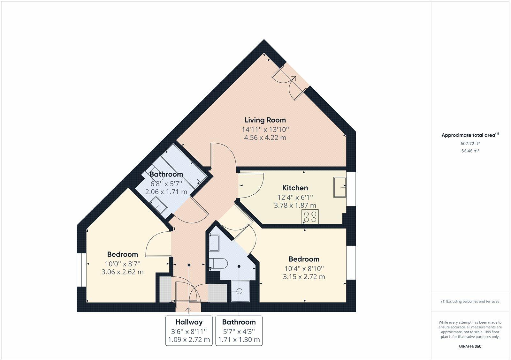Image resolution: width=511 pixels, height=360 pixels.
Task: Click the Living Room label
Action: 265,120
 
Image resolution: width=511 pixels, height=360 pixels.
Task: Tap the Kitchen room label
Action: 295,188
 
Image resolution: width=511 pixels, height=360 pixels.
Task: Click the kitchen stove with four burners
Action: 310,217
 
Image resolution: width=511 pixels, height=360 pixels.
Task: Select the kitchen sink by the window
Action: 340,187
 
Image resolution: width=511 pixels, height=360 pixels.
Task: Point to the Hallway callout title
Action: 189,322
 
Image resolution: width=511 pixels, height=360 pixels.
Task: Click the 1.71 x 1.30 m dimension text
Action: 239,340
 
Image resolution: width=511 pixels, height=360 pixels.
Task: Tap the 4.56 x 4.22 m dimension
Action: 265,138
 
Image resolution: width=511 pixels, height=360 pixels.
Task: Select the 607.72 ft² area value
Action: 470,144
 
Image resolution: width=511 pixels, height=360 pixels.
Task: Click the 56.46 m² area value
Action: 470,151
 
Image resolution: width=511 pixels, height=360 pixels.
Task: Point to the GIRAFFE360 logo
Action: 470,346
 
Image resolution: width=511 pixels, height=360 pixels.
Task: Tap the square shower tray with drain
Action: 240,291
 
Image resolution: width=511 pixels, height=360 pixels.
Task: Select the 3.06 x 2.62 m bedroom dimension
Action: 123,272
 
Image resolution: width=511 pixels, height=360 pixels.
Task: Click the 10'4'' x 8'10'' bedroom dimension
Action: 304,269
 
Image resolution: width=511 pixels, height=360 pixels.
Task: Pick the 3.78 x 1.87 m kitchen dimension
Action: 295,206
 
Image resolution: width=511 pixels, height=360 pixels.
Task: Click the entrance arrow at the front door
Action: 188,310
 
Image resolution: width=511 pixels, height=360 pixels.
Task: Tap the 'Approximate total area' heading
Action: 470,135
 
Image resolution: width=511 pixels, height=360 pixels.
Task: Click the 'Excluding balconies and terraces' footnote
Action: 470,301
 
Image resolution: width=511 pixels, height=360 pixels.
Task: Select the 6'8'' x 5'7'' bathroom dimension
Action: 166,184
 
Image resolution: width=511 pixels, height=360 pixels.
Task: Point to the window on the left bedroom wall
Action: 81,269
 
